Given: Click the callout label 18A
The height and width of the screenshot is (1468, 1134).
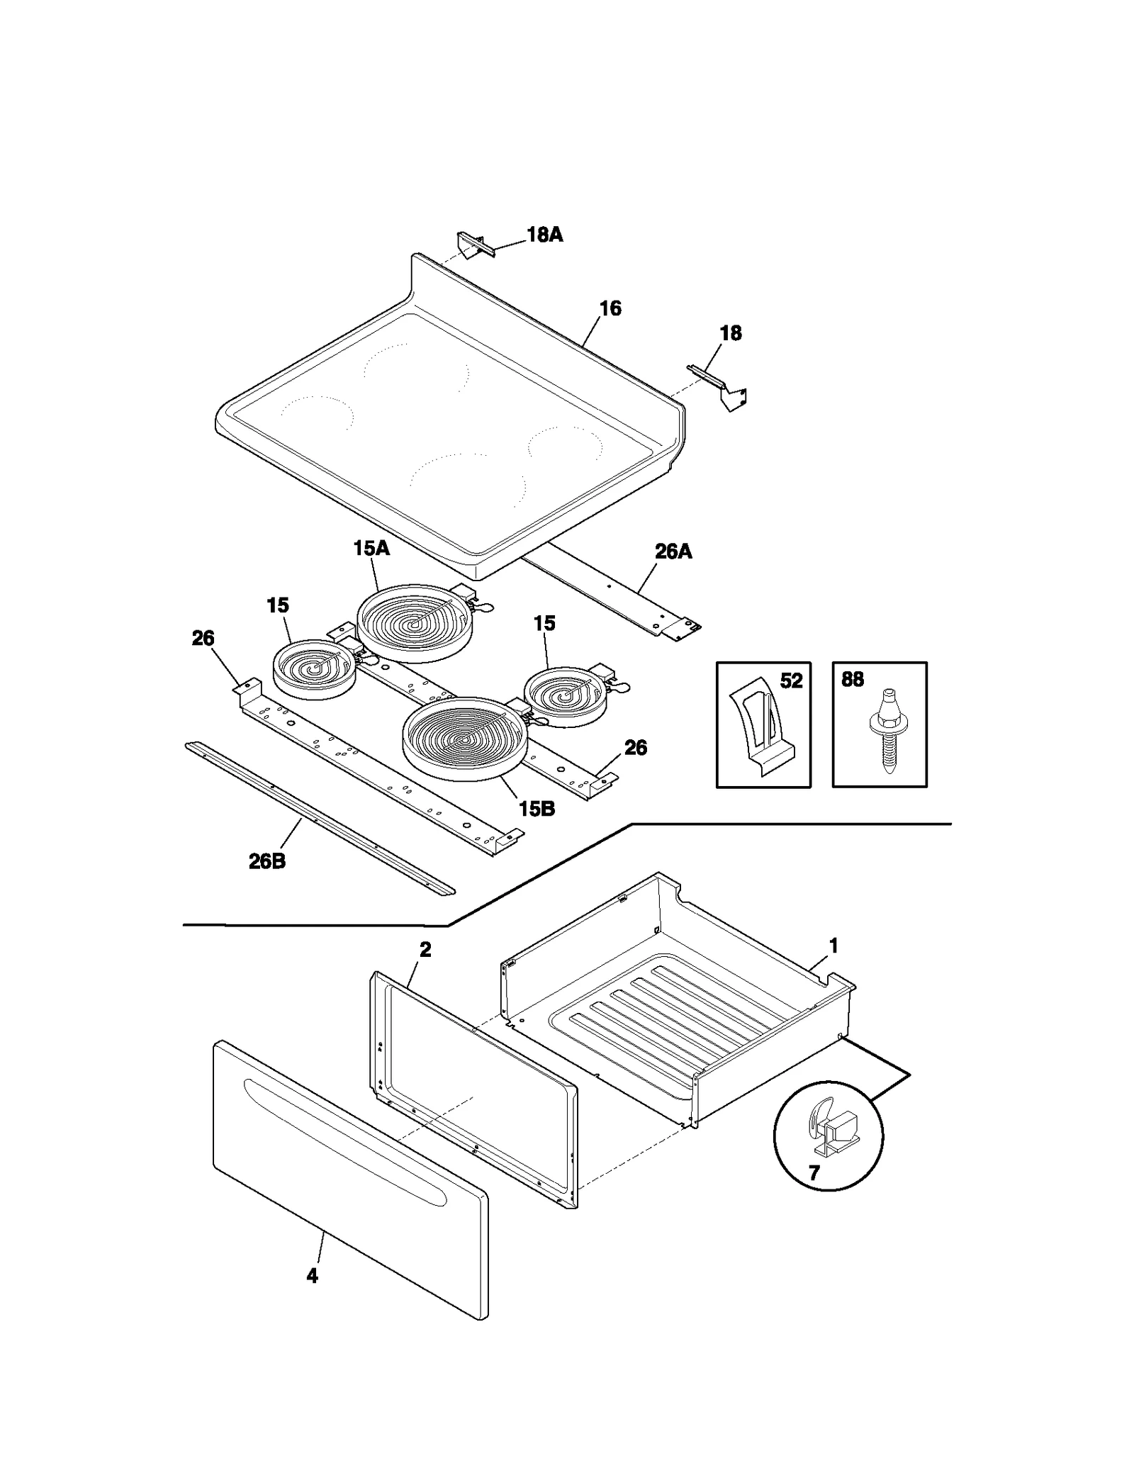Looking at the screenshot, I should (544, 235).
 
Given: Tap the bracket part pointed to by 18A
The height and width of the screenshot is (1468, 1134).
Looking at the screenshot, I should (474, 243).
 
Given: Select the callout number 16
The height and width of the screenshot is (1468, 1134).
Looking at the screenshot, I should (610, 308).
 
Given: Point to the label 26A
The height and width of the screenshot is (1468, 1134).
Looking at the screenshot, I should (673, 551).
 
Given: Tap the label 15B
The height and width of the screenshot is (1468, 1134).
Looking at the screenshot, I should (537, 809).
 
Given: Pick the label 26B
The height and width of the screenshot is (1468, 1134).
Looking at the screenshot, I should (267, 861).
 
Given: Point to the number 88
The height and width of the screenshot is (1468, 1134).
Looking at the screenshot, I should (853, 680).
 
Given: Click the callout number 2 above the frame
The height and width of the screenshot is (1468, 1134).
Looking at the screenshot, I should (425, 950).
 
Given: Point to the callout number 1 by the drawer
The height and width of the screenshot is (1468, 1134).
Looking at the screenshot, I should (833, 946).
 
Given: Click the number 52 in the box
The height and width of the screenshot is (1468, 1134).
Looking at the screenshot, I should (791, 681).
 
